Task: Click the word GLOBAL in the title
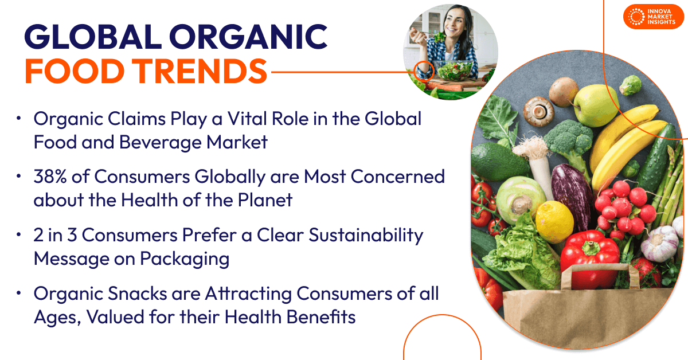[x=93, y=37]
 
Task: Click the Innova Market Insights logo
[x=653, y=17]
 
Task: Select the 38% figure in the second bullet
[x=50, y=177]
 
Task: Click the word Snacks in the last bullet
[x=137, y=294]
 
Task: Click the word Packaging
[x=185, y=259]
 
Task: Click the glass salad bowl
[x=455, y=70]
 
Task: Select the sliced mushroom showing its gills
[x=538, y=111]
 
